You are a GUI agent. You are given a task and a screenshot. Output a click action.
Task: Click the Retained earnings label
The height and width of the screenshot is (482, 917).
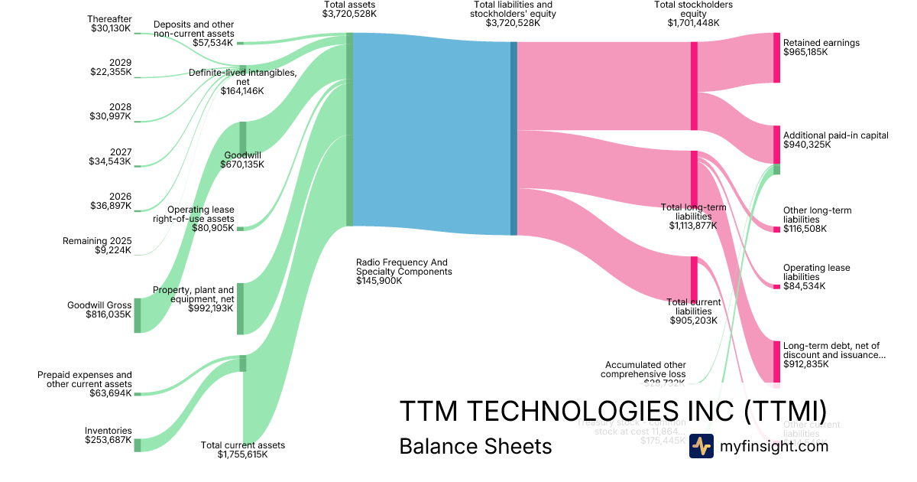point(821,43)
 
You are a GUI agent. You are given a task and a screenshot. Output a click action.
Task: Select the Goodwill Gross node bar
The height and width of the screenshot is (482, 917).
point(138,315)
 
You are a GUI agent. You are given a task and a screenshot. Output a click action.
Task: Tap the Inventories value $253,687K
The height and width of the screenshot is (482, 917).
point(109,440)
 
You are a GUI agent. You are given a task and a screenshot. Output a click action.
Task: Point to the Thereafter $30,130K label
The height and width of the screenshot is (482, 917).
point(109,23)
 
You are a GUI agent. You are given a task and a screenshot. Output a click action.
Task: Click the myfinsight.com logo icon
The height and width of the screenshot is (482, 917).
point(702,446)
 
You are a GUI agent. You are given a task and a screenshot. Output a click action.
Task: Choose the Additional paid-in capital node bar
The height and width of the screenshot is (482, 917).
point(776,145)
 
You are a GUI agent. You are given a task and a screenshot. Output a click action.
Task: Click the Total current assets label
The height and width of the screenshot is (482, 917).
point(242,445)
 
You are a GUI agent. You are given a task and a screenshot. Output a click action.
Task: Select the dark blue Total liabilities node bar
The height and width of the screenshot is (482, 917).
point(514,138)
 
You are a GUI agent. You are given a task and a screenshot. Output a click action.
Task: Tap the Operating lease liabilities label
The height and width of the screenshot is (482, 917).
point(816,272)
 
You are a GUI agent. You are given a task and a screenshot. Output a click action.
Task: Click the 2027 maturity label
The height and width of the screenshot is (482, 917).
point(120,152)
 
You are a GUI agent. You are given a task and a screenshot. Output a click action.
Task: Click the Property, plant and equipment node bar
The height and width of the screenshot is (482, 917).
point(241,308)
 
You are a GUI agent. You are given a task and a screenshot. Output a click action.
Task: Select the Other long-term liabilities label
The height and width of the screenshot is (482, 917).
point(817,215)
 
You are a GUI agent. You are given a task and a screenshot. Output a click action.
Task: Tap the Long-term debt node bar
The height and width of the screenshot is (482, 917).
point(776,361)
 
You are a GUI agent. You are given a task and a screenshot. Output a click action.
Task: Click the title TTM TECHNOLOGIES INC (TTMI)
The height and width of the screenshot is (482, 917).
point(612,411)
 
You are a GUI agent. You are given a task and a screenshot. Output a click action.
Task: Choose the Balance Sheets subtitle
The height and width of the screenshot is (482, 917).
point(475,446)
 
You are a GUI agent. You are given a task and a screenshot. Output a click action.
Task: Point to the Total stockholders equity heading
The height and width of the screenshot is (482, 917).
point(693,9)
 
